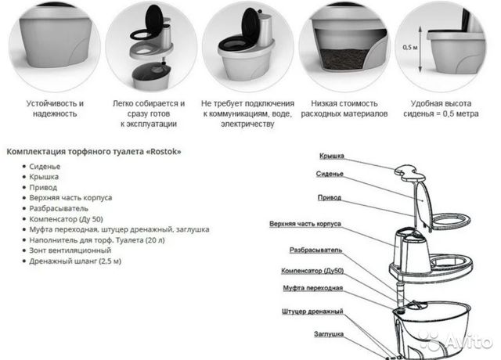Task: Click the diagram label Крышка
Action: tap(332, 156)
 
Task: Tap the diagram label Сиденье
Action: tap(330, 174)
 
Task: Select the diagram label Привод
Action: tap(329, 197)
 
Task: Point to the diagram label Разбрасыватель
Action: tap(315, 250)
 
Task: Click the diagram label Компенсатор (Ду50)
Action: tap(312, 271)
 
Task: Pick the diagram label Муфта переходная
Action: tap(312, 288)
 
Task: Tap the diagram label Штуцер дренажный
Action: tap(312, 311)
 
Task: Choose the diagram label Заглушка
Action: tap(329, 334)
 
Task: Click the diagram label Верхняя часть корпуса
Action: tap(305, 224)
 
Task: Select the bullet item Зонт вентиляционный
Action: tap(70, 250)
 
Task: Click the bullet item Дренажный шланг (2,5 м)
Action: tap(75, 261)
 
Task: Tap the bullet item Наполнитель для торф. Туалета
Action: tap(97, 240)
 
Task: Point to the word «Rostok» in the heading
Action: tap(164, 151)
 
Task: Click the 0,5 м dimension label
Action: tap(410, 47)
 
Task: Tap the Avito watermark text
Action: tap(469, 341)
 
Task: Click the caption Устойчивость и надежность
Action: tap(55, 109)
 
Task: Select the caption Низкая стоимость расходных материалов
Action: tap(344, 109)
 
